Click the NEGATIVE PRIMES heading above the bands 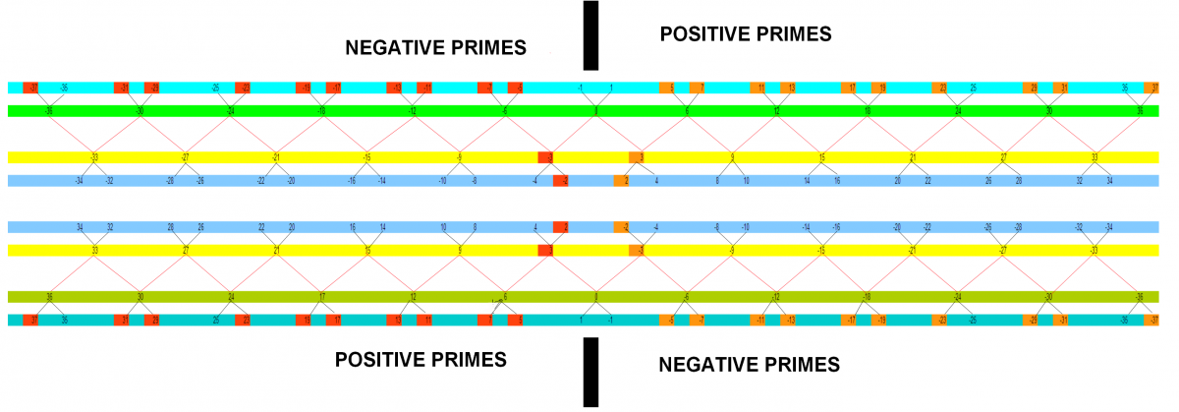coord(436,47)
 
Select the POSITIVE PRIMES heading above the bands coord(746,34)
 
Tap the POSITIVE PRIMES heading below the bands coord(421,359)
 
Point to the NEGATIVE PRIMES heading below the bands coord(750,365)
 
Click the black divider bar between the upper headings coord(590,35)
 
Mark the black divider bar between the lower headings coord(590,372)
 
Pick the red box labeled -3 coord(545,157)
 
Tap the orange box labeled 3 coord(637,157)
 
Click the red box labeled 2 coord(561,227)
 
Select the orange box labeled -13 coord(788,321)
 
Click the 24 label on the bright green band coord(958,111)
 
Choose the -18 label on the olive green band coord(867,297)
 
